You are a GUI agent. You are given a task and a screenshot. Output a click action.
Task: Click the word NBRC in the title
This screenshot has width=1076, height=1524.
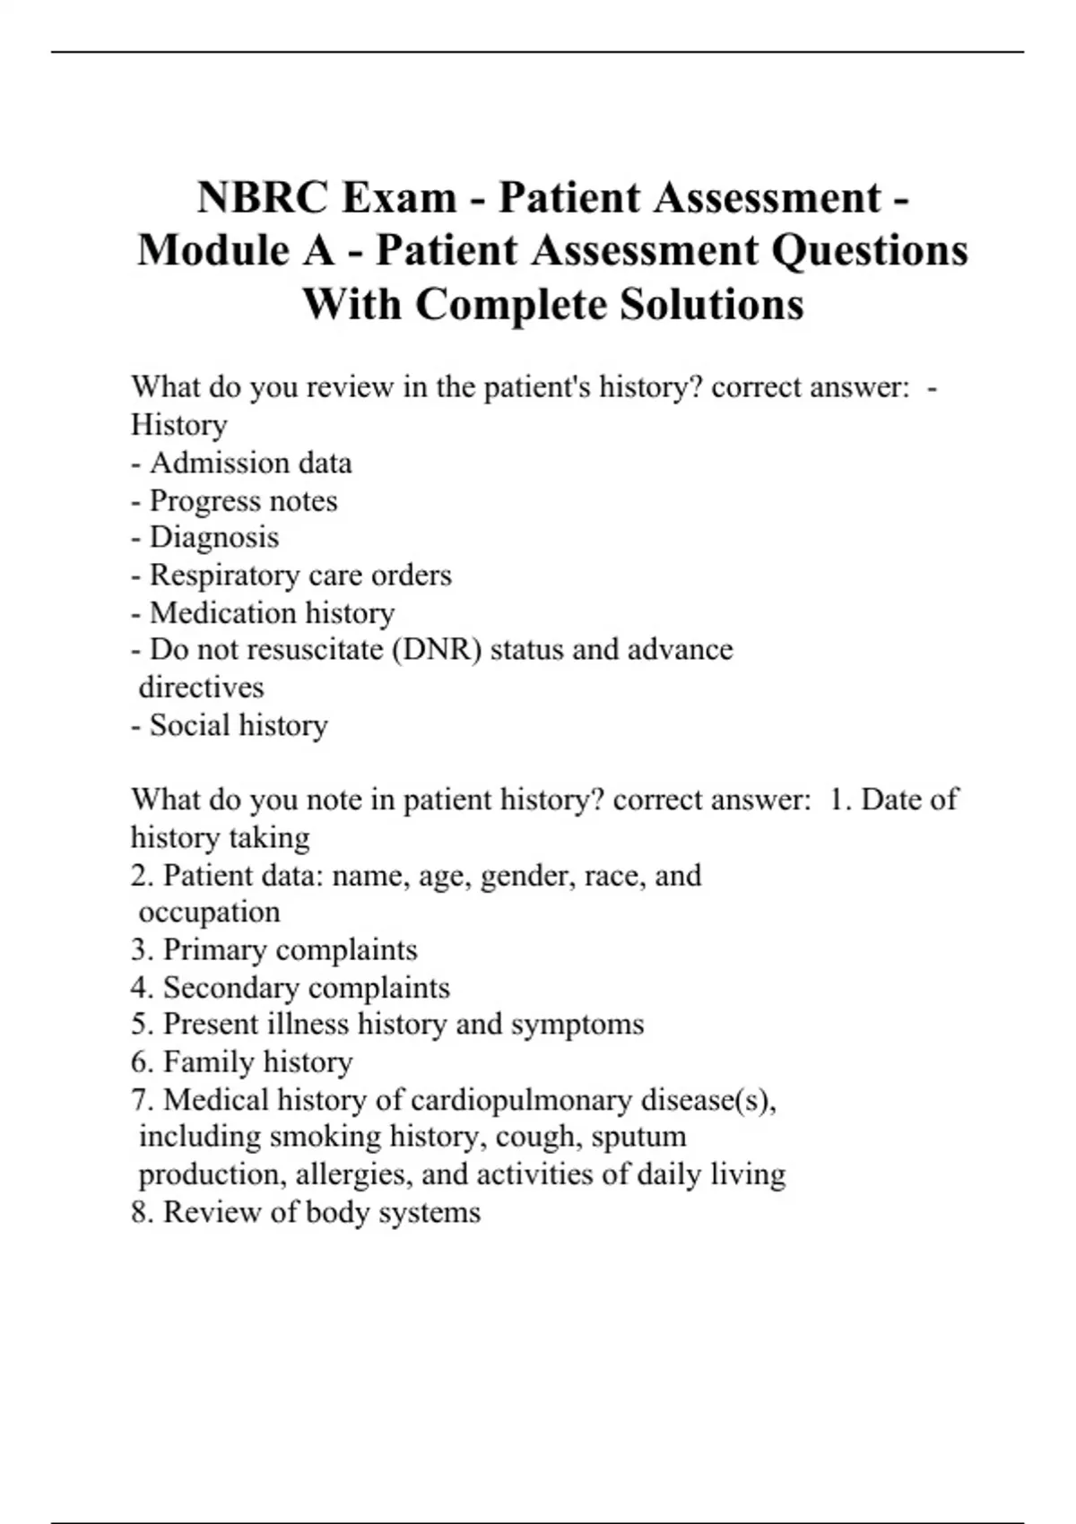262,197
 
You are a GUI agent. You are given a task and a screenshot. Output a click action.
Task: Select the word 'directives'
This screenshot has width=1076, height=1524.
202,687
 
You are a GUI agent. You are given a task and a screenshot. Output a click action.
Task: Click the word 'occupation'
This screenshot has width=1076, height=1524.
210,912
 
